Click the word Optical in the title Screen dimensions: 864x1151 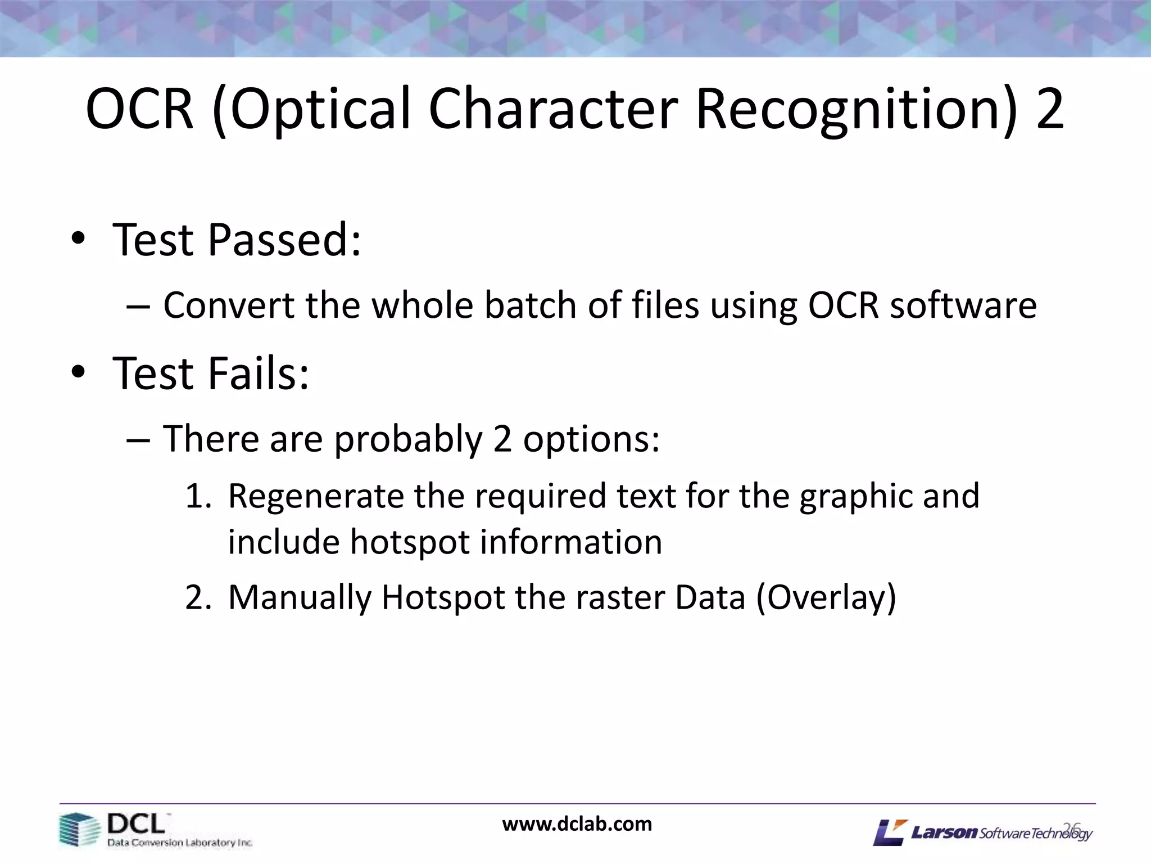point(320,109)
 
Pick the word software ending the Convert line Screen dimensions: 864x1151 point(963,305)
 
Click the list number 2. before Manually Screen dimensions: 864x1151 point(198,597)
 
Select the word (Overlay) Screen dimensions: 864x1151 point(826,598)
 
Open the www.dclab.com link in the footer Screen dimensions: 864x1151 point(577,824)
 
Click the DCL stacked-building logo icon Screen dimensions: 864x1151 point(79,829)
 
